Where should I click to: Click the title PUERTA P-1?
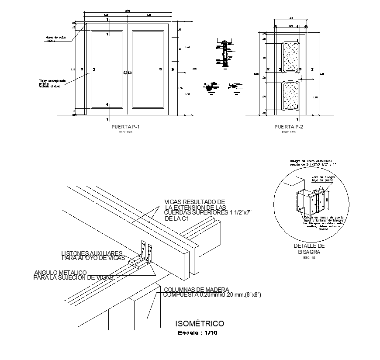pyautogui.click(x=126, y=127)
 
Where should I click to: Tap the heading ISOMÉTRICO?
pyautogui.click(x=200, y=324)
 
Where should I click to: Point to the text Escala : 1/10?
pyautogui.click(x=197, y=333)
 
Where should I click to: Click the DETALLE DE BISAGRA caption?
pyautogui.click(x=309, y=249)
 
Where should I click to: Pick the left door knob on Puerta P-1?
pyautogui.click(x=125, y=72)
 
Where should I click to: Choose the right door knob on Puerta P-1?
pyautogui.click(x=130, y=72)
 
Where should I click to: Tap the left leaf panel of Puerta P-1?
pyautogui.click(x=107, y=69)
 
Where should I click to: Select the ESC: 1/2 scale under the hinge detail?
pyautogui.click(x=309, y=258)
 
